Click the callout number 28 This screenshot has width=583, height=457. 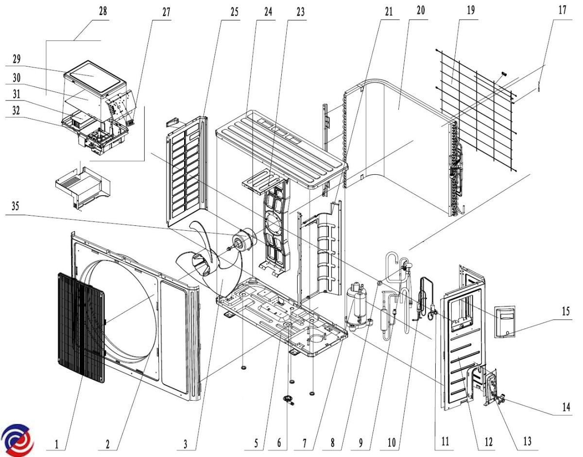pyautogui.click(x=103, y=12)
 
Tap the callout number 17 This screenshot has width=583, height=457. pyautogui.click(x=562, y=11)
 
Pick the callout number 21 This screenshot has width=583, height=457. pyautogui.click(x=388, y=11)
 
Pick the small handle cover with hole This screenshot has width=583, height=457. pyautogui.click(x=505, y=322)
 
